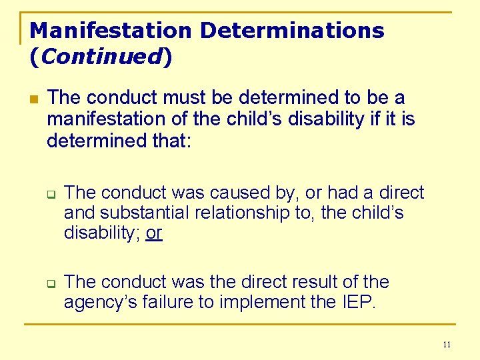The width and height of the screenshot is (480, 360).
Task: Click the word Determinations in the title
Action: [x=293, y=30]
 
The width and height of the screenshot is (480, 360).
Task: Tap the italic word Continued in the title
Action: [x=101, y=57]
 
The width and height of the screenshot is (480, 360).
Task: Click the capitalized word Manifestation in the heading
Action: [x=111, y=30]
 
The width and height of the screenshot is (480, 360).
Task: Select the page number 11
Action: [x=446, y=345]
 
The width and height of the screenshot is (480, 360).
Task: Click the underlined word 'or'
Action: [x=154, y=233]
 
